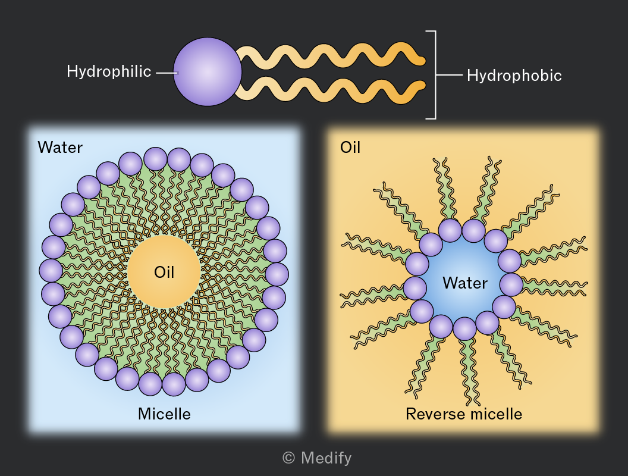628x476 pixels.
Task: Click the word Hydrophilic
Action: [109, 72]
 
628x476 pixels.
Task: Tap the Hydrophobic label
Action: [514, 76]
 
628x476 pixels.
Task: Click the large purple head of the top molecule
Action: [208, 72]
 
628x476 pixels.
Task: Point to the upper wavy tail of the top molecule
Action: [331, 55]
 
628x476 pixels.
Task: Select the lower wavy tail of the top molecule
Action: [331, 90]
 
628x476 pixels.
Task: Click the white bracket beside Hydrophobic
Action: [435, 75]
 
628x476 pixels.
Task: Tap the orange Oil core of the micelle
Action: [164, 272]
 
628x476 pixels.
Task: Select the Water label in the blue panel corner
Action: [60, 148]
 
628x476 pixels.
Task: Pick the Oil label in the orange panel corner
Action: [350, 148]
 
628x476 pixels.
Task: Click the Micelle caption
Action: [164, 414]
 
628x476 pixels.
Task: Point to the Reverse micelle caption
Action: [464, 414]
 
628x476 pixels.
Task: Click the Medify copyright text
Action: [317, 458]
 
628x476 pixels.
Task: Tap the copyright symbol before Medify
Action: [288, 458]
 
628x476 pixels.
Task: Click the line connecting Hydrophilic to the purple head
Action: [166, 73]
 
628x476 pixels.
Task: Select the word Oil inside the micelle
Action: [164, 273]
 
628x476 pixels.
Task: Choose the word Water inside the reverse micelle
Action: [465, 283]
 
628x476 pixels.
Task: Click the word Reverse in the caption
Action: [434, 414]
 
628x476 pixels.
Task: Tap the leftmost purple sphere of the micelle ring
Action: [51, 271]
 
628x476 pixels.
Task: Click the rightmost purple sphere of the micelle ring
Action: [277, 274]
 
